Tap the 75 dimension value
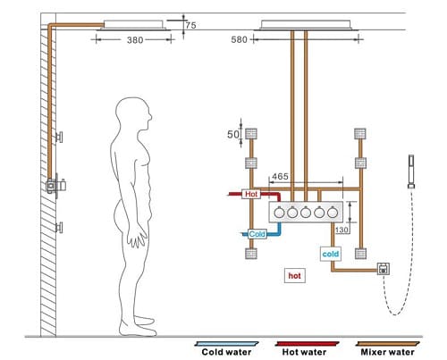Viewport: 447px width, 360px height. tap(191, 26)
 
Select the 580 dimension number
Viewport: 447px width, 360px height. tap(239, 39)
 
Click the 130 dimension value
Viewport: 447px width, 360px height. tap(341, 230)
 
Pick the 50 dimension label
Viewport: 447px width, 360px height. tap(232, 134)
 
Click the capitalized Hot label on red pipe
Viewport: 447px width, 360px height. tap(250, 193)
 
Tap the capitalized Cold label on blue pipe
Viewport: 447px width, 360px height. tap(257, 234)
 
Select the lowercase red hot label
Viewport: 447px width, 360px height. tap(293, 275)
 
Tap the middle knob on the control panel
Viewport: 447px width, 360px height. tap(307, 214)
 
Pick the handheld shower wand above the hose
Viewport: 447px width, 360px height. tap(412, 170)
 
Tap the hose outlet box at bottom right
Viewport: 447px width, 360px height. tap(382, 268)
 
